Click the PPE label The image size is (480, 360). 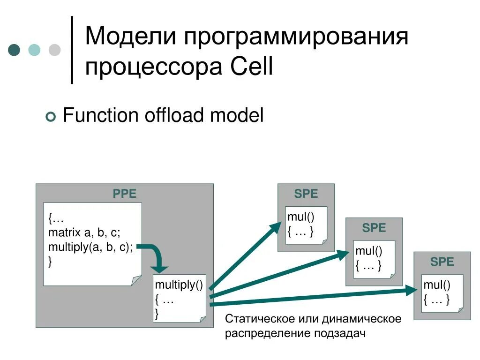[125, 194]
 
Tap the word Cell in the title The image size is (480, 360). [252, 67]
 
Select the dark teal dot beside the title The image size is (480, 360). [15, 50]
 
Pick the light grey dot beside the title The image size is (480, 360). [55, 50]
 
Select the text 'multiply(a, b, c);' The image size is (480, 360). [90, 247]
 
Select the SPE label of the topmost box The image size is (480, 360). [306, 194]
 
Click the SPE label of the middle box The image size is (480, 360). [374, 228]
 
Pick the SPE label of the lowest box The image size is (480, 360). [442, 262]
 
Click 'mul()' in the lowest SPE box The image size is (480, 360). [436, 285]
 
